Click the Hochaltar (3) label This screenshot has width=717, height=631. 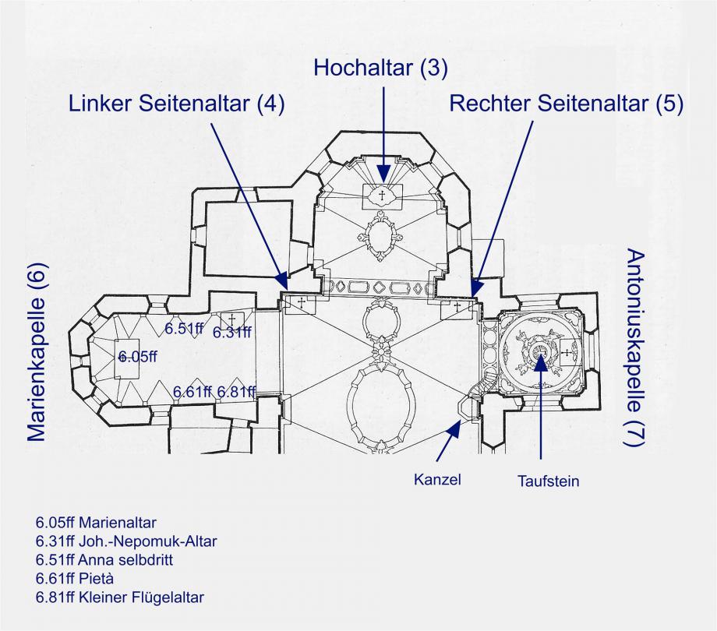(380, 68)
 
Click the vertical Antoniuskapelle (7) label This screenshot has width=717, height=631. (635, 348)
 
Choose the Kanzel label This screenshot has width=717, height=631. (437, 479)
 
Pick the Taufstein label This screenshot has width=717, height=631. (549, 481)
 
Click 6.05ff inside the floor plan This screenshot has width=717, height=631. (138, 357)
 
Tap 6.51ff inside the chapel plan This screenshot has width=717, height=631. (184, 329)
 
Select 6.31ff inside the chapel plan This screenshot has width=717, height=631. (232, 333)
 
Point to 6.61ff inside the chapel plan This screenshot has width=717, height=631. (192, 391)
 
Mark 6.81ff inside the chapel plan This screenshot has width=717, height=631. (236, 391)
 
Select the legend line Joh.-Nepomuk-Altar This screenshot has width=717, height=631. (126, 541)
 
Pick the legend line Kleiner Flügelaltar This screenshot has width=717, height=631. (119, 598)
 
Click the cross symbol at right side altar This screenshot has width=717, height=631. (457, 307)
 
